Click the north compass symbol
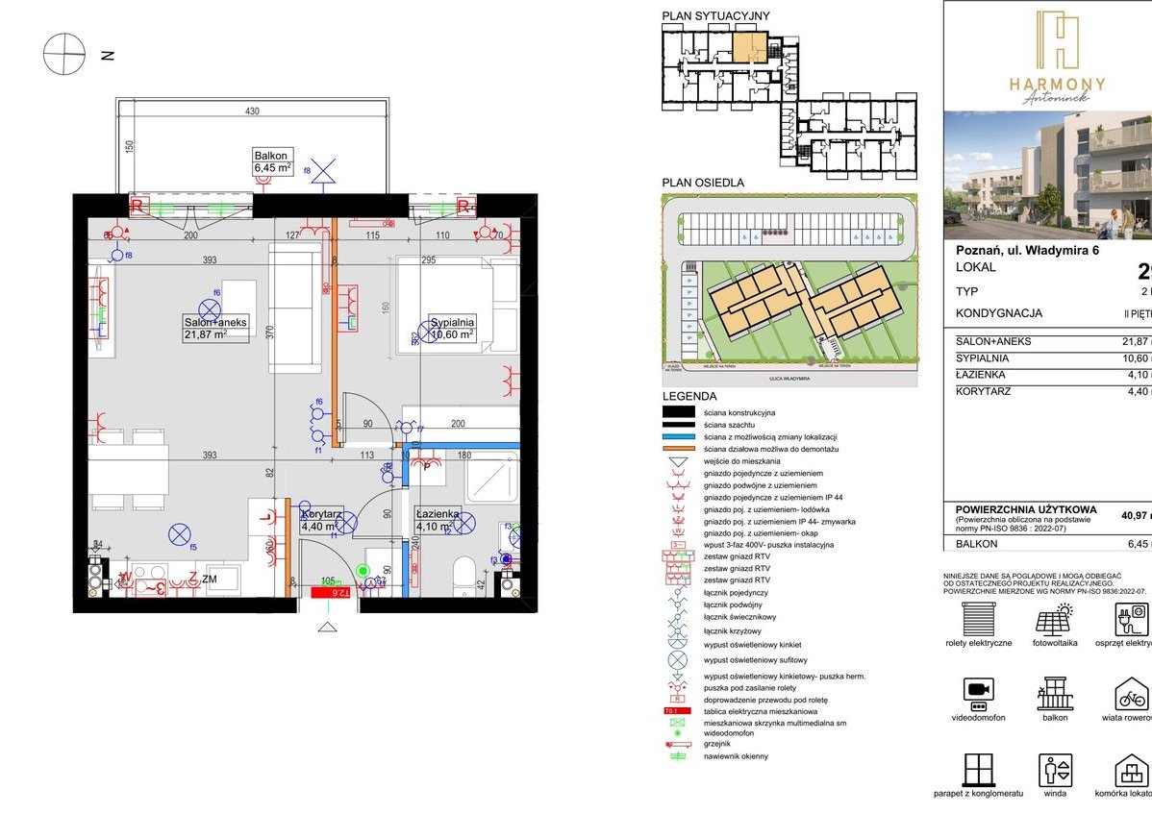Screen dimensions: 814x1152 [x=64, y=54]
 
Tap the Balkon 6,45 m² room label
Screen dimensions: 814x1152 [x=272, y=161]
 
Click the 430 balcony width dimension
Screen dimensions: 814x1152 [x=252, y=111]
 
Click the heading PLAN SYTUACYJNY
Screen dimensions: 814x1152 [x=703, y=16]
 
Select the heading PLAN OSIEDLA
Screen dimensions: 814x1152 [x=703, y=183]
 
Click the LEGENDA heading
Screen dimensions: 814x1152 [x=689, y=396]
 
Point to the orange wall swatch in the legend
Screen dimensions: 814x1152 [x=681, y=449]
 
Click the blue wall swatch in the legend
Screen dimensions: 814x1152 [x=681, y=436]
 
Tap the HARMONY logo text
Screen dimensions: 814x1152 [x=1057, y=85]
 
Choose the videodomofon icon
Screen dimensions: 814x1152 [x=978, y=693]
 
